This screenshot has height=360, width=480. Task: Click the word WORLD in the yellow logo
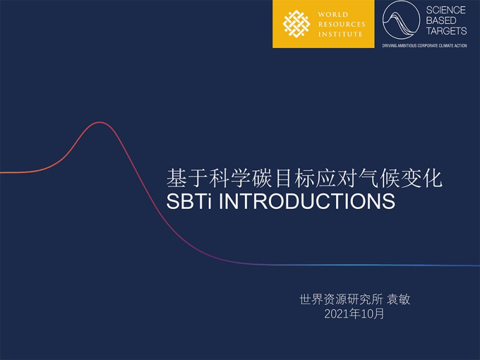pyautogui.click(x=333, y=14)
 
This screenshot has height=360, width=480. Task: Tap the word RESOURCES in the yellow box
pyautogui.click(x=341, y=24)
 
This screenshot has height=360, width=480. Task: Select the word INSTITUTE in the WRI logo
pyautogui.click(x=340, y=34)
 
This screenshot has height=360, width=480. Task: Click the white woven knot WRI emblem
pyautogui.click(x=296, y=24)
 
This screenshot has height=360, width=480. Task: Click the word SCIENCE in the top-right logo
pyautogui.click(x=446, y=10)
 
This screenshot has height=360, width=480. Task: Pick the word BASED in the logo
pyautogui.click(x=441, y=20)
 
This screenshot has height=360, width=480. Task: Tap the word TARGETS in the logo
pyautogui.click(x=446, y=31)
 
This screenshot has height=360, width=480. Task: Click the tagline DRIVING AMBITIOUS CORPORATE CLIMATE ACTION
pyautogui.click(x=425, y=46)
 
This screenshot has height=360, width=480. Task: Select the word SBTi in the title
pyautogui.click(x=189, y=201)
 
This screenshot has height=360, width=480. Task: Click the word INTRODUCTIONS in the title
pyautogui.click(x=307, y=201)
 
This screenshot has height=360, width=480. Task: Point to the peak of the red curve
pyautogui.click(x=100, y=122)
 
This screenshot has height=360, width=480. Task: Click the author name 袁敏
pyautogui.click(x=398, y=299)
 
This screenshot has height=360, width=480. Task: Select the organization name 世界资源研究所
pyautogui.click(x=341, y=299)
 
